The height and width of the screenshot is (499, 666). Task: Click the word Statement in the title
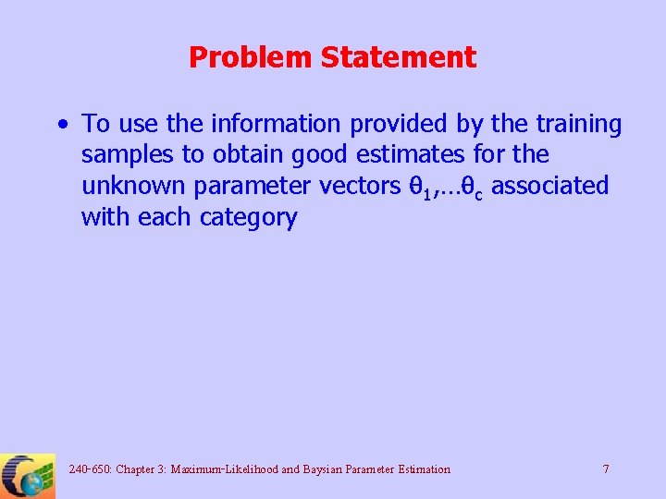click(399, 57)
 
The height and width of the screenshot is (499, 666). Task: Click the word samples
click(130, 154)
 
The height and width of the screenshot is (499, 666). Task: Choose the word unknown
click(134, 186)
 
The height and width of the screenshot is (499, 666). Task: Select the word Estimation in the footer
click(422, 469)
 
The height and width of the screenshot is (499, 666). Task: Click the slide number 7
click(606, 469)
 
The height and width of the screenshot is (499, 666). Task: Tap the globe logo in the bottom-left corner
click(28, 476)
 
